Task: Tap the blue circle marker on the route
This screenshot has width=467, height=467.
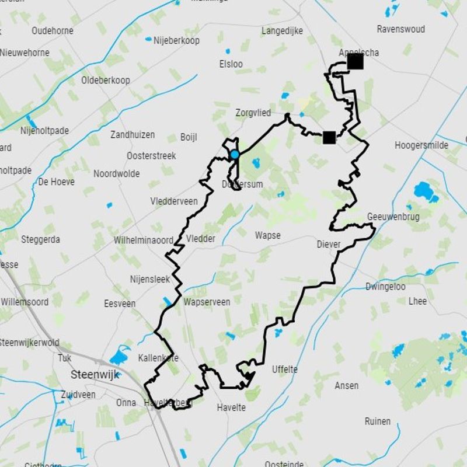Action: pyautogui.click(x=235, y=154)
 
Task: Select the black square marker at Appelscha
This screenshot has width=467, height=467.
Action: pyautogui.click(x=355, y=61)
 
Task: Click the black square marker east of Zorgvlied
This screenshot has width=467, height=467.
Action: pyautogui.click(x=329, y=137)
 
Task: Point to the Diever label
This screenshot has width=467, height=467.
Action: pyautogui.click(x=329, y=245)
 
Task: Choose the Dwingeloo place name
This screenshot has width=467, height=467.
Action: pyautogui.click(x=385, y=287)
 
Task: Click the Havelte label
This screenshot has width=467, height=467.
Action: pyautogui.click(x=231, y=407)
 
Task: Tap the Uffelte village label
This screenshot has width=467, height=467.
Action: pyautogui.click(x=285, y=370)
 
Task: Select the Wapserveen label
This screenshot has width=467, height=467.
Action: pyautogui.click(x=207, y=302)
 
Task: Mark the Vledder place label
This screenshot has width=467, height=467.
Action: pyautogui.click(x=201, y=238)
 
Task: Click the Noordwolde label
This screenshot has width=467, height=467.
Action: pyautogui.click(x=117, y=174)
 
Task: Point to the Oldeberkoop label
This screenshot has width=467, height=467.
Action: pyautogui.click(x=106, y=80)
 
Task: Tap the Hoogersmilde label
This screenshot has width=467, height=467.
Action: pyautogui.click(x=422, y=145)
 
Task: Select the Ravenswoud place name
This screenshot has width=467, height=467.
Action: pyautogui.click(x=401, y=29)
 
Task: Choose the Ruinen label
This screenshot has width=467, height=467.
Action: pyautogui.click(x=378, y=421)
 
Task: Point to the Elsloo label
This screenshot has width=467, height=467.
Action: pyautogui.click(x=231, y=64)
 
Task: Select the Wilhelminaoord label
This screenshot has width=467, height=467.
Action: pyautogui.click(x=144, y=240)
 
